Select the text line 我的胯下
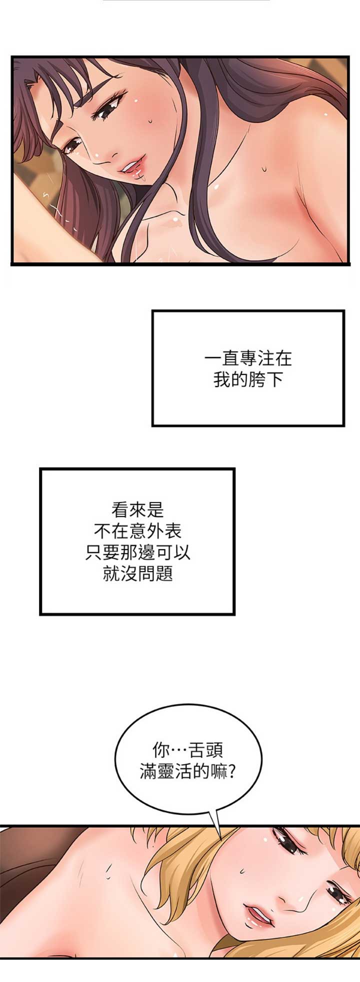[248, 380]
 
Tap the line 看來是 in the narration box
[137, 510]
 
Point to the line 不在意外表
[137, 531]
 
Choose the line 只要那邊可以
[137, 552]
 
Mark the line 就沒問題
[137, 574]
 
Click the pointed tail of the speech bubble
[220, 838]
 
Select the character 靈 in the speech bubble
[166, 772]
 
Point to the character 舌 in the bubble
[197, 750]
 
